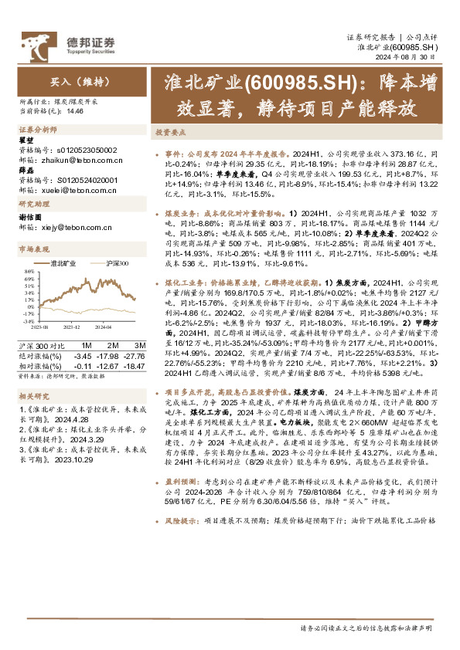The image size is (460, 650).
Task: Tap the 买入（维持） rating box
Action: (65, 80)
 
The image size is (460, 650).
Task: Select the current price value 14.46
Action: (75, 111)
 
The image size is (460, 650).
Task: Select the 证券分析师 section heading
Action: (38, 130)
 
